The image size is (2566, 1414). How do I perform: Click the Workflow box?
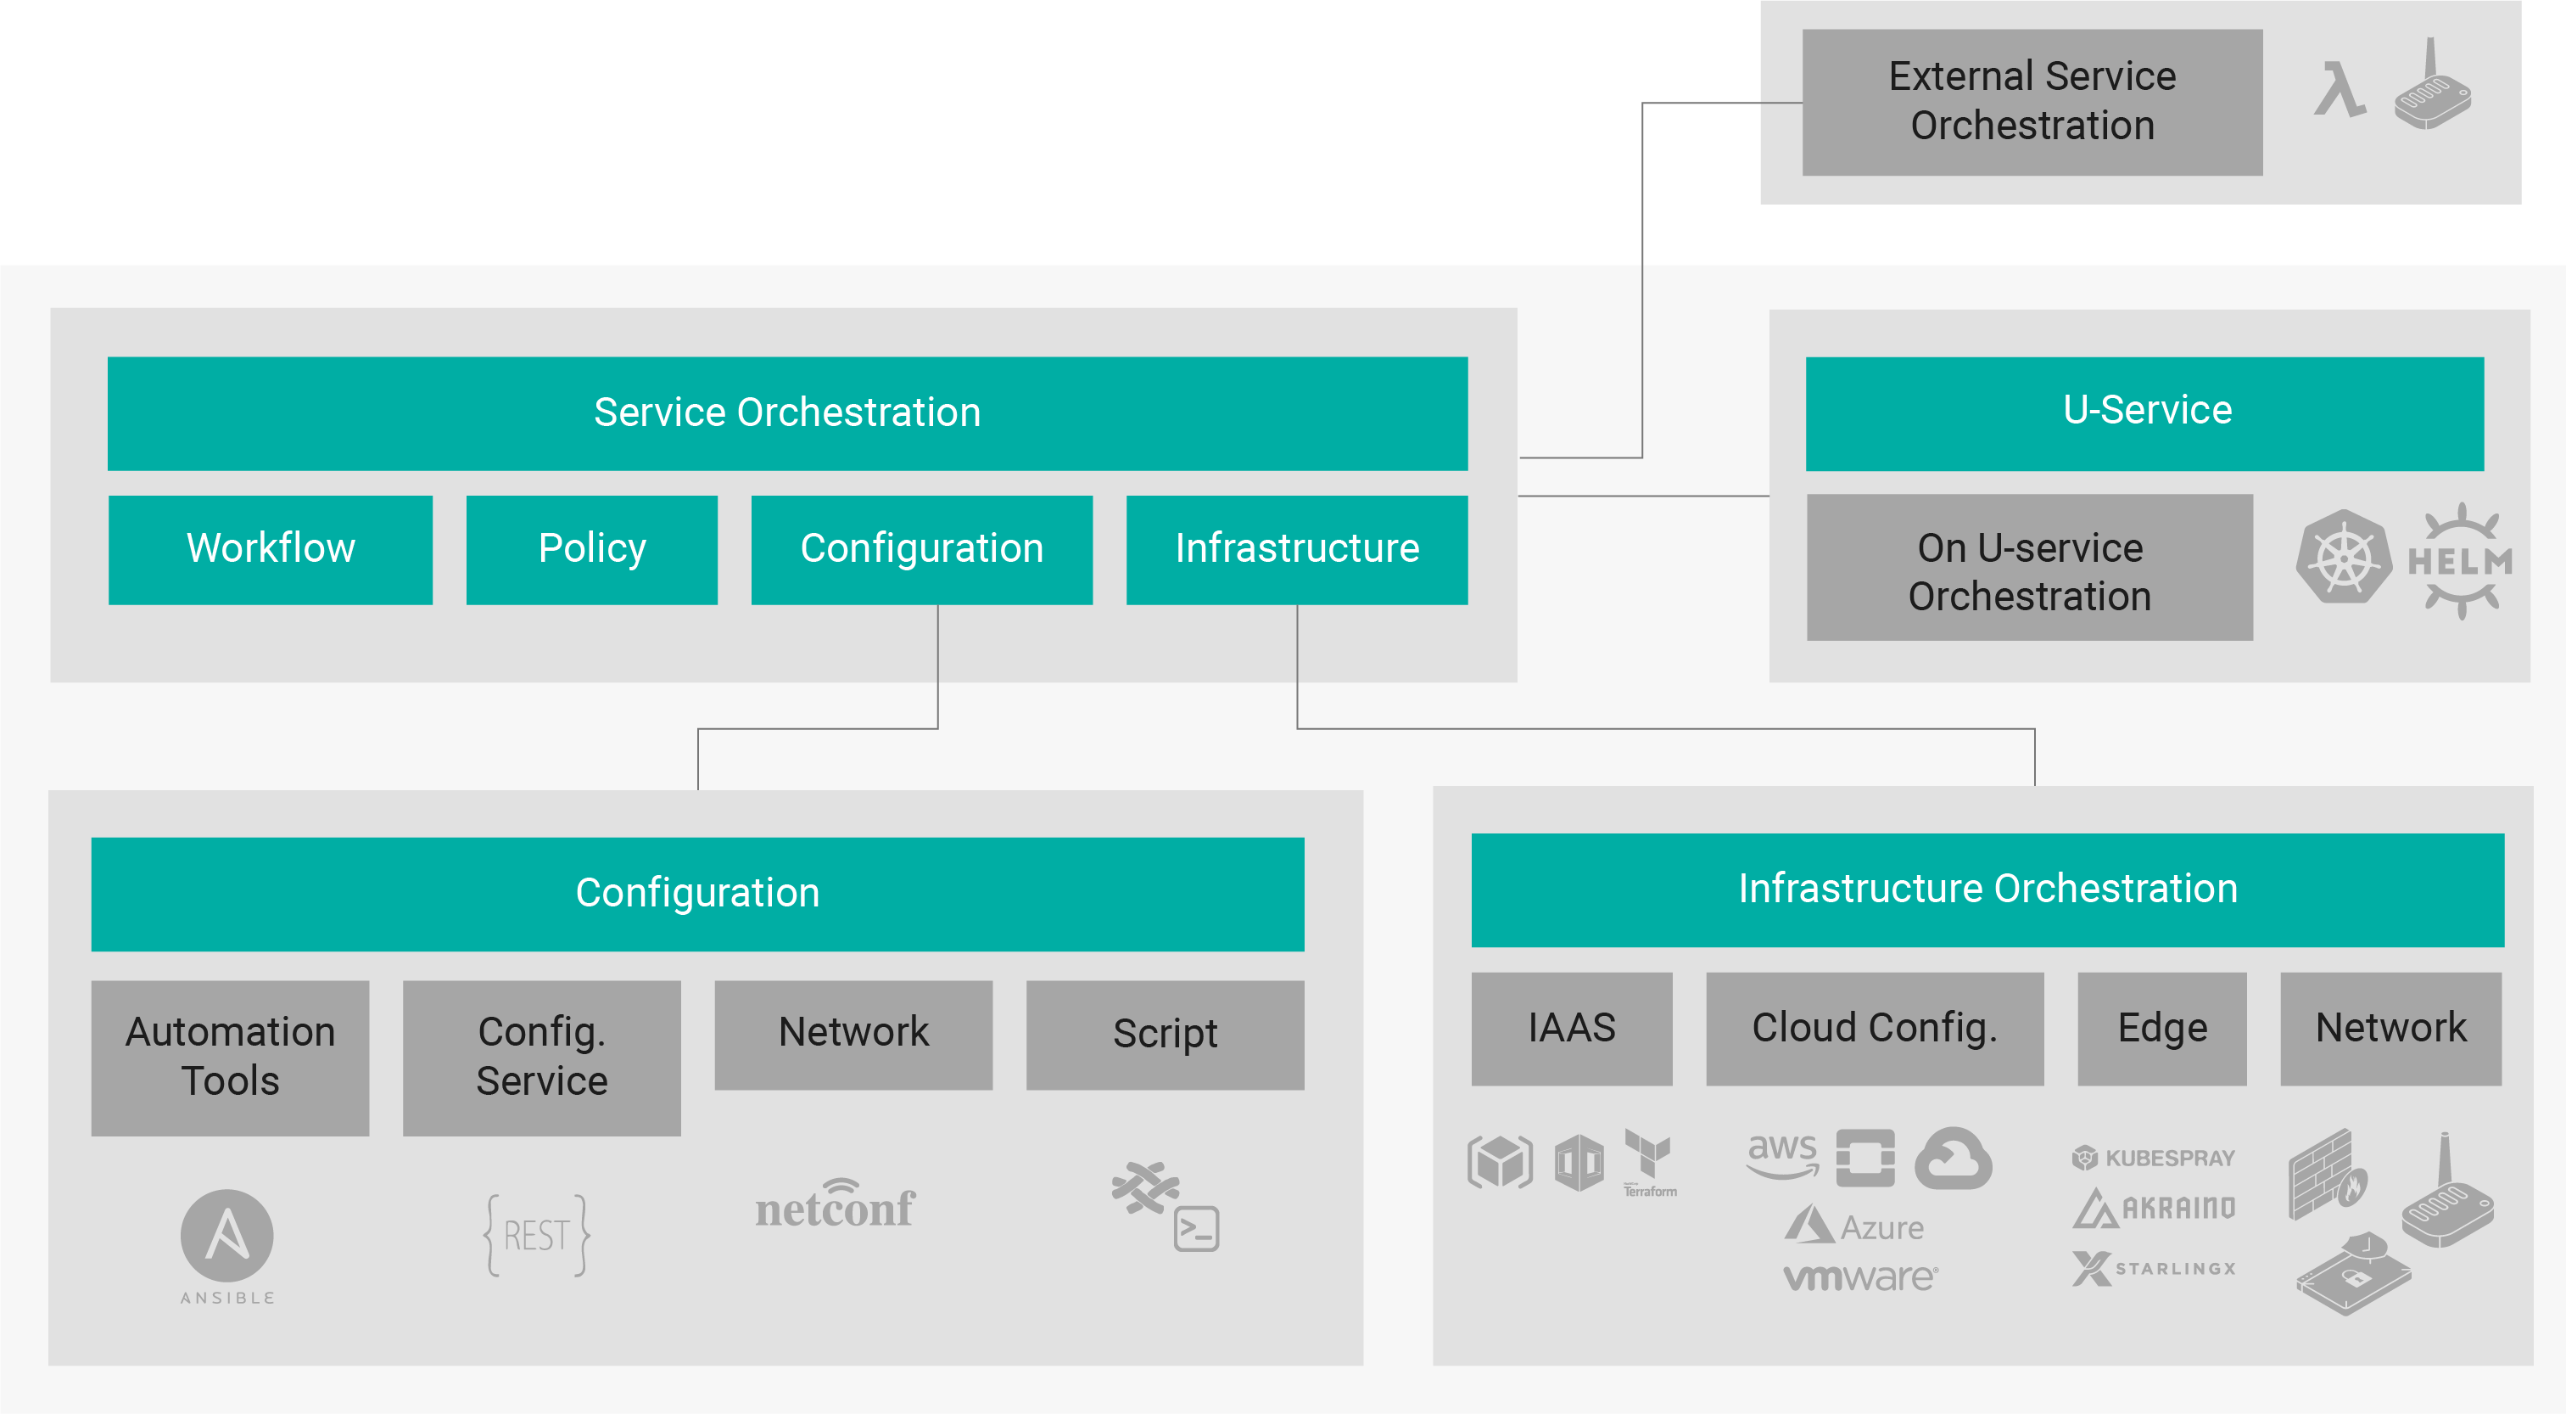(270, 549)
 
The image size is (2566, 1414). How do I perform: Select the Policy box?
(592, 549)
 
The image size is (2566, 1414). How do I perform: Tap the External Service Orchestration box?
(2032, 102)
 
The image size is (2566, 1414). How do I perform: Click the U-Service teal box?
(2144, 412)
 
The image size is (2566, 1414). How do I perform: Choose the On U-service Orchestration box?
(2030, 567)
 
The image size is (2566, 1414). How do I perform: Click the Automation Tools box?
(230, 1058)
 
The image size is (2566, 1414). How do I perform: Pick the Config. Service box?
(542, 1058)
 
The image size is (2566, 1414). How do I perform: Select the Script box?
(1166, 1035)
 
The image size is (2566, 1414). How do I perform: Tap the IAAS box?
(1572, 1029)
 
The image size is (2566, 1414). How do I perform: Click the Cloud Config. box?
(1875, 1029)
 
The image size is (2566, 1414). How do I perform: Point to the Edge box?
(2162, 1029)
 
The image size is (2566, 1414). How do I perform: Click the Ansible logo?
(227, 1247)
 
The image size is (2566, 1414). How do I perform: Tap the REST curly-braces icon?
(537, 1236)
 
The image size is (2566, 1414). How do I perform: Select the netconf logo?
(835, 1203)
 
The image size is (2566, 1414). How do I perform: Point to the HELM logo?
(2459, 561)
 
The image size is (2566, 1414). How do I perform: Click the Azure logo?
(1853, 1226)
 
